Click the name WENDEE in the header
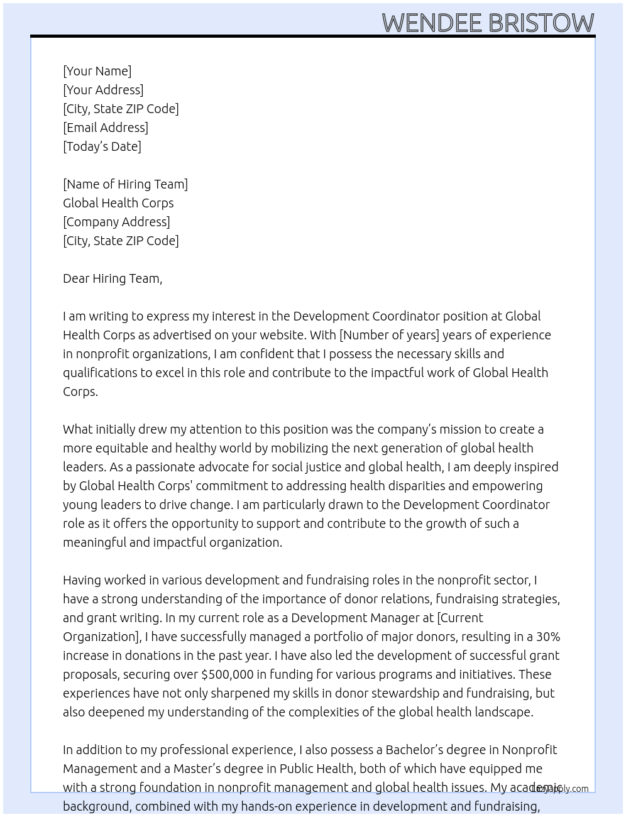point(432,23)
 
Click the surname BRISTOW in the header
point(541,23)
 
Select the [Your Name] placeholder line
point(97,71)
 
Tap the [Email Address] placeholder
point(106,128)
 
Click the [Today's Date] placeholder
point(102,146)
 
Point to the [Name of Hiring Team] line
point(125,184)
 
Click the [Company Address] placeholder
point(116,222)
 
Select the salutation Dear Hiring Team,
point(113,278)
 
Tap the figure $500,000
point(227,674)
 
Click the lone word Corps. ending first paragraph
point(80,392)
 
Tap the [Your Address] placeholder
point(103,90)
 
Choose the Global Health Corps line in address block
point(118,203)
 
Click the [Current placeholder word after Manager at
point(460,618)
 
